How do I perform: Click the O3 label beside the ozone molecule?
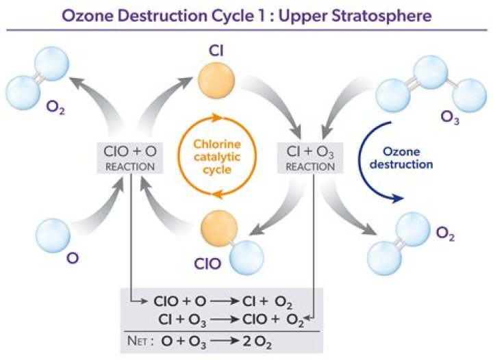(450, 117)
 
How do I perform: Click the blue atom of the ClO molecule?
(245, 255)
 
